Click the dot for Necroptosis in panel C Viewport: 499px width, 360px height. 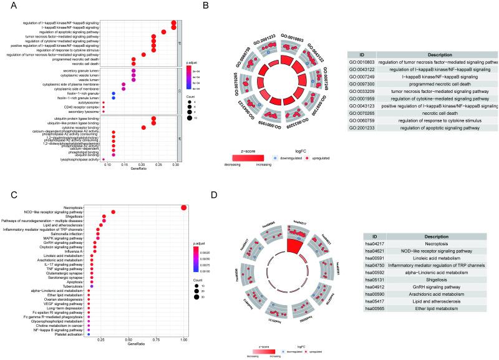tap(183, 208)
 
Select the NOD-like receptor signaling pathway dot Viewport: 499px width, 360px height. tap(114, 212)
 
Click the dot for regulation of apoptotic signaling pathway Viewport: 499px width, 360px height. tap(163, 32)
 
